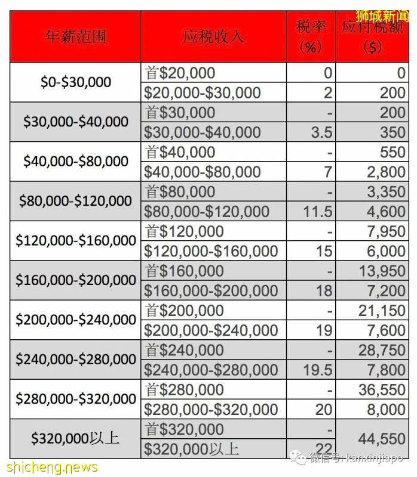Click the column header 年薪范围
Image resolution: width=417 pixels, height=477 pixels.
pyautogui.click(x=76, y=36)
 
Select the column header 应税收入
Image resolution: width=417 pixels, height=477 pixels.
pyautogui.click(x=214, y=36)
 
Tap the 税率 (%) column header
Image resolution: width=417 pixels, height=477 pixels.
pyautogui.click(x=310, y=37)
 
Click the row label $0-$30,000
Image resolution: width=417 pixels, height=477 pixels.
pyautogui.click(x=76, y=82)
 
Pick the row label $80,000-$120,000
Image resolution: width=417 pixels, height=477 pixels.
pyautogui.click(x=76, y=201)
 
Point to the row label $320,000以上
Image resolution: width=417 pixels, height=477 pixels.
pyautogui.click(x=76, y=438)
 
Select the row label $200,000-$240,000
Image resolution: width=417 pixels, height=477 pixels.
pyautogui.click(x=76, y=320)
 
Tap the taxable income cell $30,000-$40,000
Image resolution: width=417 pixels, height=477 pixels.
pyautogui.click(x=203, y=132)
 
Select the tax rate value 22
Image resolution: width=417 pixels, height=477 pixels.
pyautogui.click(x=324, y=448)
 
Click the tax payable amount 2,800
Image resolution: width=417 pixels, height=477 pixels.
pyautogui.click(x=384, y=172)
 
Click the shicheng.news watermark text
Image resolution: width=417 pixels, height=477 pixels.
pyautogui.click(x=50, y=467)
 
